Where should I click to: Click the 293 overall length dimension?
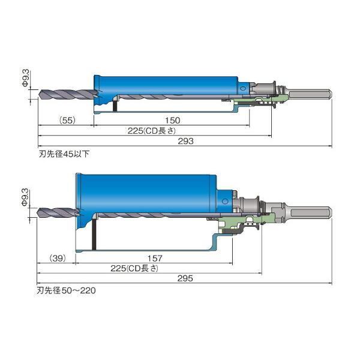click(186, 141)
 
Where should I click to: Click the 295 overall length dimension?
click(185, 278)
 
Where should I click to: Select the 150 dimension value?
click(173, 121)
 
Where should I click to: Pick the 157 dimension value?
click(155, 258)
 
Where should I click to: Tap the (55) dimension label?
click(67, 121)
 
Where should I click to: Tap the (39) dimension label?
click(58, 258)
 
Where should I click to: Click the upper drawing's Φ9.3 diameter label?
click(26, 78)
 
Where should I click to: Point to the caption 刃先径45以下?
click(64, 154)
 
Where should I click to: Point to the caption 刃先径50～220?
click(67, 290)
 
